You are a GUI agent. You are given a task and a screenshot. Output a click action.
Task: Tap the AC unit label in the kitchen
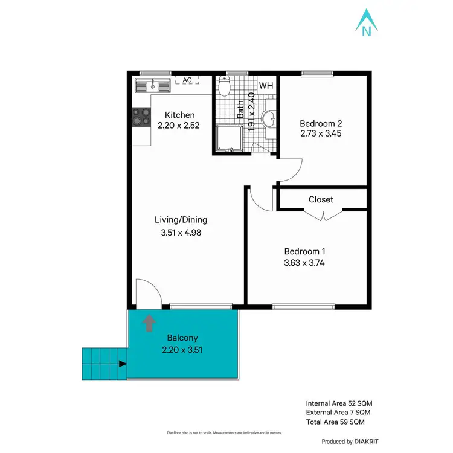(x=187, y=80)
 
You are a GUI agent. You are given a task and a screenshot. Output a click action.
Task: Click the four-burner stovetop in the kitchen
(x=141, y=116)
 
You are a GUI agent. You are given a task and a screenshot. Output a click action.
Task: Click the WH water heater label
(x=266, y=85)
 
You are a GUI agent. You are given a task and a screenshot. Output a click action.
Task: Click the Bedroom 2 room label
(x=320, y=123)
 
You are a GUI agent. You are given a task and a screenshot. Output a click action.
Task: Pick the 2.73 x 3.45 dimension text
(x=321, y=133)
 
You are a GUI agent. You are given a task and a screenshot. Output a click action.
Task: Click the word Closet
(x=321, y=199)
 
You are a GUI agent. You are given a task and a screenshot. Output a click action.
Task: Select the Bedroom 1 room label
(x=306, y=251)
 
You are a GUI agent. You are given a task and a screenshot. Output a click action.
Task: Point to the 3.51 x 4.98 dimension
(x=181, y=233)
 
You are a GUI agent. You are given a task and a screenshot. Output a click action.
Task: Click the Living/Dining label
(x=181, y=220)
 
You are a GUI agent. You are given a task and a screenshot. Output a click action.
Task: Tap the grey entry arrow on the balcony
(x=148, y=324)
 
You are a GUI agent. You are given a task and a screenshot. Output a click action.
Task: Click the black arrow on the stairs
(x=123, y=364)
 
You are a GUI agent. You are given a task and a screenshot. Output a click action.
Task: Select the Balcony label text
(x=182, y=338)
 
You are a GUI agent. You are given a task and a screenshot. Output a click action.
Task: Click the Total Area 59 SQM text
(x=335, y=422)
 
